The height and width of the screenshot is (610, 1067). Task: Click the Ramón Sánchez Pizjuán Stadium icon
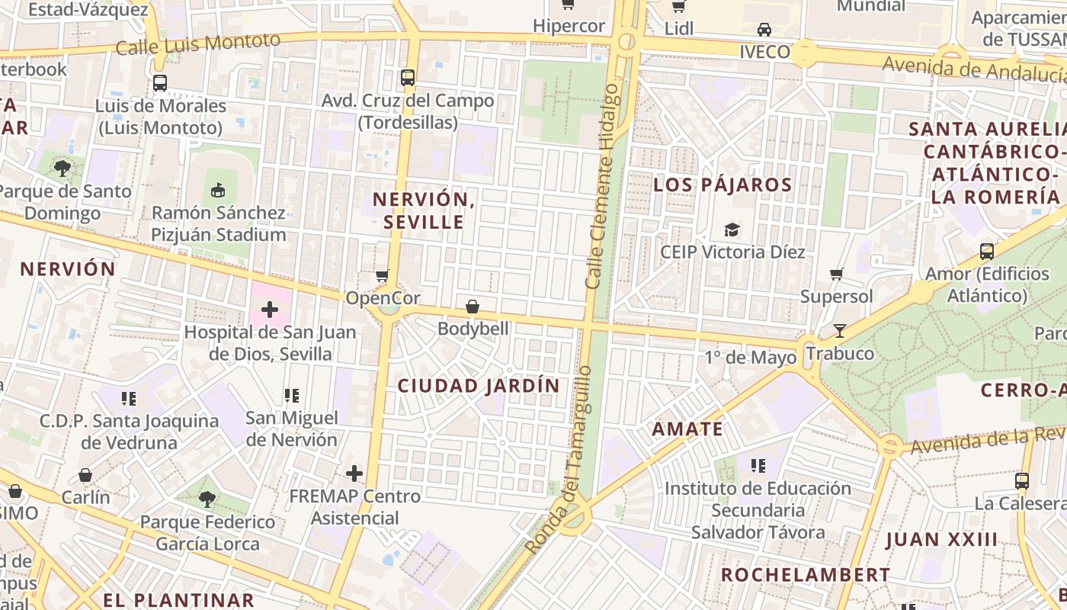pos(218,189)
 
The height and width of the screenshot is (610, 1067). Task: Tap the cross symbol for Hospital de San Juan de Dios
pos(269,310)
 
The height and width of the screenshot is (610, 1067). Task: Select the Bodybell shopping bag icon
pos(473,307)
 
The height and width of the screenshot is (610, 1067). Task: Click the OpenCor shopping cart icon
pos(383,275)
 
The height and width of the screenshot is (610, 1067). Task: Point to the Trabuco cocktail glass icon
pos(840,331)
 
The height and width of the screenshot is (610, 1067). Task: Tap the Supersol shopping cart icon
pos(836,274)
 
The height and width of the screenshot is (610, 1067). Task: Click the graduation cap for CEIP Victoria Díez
pos(732,229)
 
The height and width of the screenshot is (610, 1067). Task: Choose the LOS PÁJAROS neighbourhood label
pos(723,185)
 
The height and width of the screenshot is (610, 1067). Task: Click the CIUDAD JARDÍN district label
pos(479,386)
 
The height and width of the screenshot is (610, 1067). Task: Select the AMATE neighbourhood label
pos(687,429)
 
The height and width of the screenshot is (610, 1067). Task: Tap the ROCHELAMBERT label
pos(805,574)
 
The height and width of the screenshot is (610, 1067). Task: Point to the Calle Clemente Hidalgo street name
pos(601,186)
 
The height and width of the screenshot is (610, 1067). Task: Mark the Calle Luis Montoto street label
pos(198,44)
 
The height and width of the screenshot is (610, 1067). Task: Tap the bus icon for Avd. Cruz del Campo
pos(408,77)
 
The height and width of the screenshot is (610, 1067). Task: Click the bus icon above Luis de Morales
pos(160,83)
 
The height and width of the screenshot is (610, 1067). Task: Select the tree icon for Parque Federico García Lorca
pos(207,499)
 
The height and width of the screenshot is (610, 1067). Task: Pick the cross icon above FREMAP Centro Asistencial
pos(354,474)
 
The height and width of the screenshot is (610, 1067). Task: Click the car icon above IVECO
pos(764,29)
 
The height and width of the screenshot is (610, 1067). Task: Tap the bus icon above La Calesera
pos(1022,481)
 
